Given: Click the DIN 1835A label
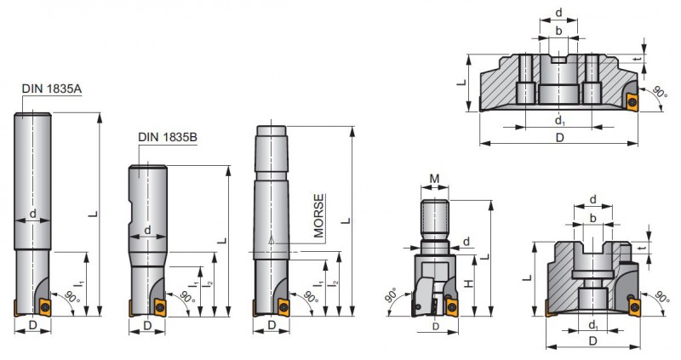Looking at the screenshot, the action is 52,89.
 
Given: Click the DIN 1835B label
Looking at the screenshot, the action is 168,137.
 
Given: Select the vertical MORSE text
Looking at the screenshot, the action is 319,216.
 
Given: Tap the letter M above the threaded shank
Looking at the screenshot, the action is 434,179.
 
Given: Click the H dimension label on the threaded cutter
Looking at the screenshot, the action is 469,283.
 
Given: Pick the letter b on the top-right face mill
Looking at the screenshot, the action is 559,31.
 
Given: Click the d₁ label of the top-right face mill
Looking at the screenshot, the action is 560,120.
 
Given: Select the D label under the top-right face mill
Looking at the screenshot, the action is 560,138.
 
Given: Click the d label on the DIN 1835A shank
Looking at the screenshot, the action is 33,214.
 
